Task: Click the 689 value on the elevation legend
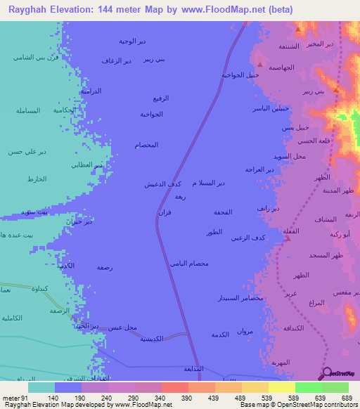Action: (x=347, y=397)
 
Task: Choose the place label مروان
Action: (x=244, y=331)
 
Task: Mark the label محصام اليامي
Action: (x=188, y=263)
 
